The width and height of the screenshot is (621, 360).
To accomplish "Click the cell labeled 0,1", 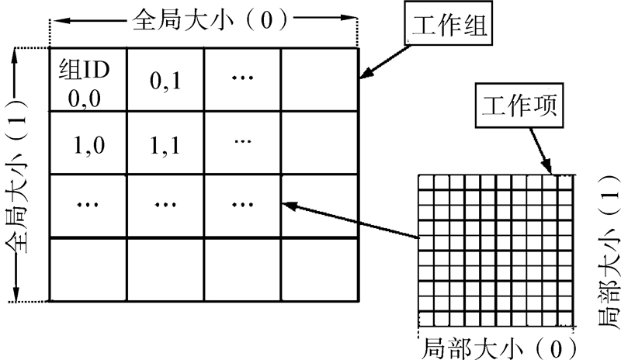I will point(165,81).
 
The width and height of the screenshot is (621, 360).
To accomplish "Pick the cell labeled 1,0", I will point(87,144).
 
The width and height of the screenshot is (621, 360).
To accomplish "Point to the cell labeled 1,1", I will point(165,144).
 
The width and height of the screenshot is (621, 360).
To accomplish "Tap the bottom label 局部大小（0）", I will point(497,344).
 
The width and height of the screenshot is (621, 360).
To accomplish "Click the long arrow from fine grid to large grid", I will point(349,221).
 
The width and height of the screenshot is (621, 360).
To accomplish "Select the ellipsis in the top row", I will point(242,79).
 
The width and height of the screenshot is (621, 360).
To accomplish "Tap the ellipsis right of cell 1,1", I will point(242,142).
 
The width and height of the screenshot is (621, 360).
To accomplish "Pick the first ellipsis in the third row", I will point(87,206).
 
